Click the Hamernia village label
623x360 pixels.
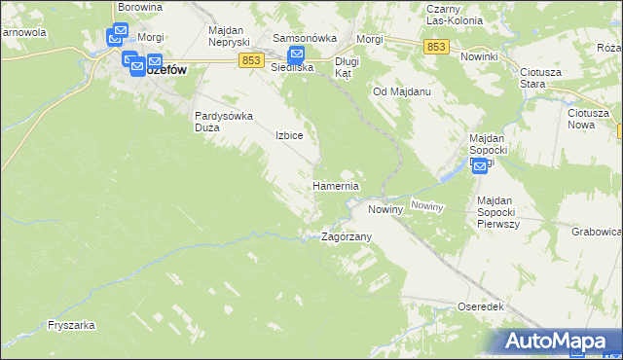click(336, 186)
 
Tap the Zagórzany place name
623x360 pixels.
click(347, 236)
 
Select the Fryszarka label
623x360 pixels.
click(69, 326)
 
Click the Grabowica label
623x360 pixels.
click(597, 233)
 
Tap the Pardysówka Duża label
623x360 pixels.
click(224, 121)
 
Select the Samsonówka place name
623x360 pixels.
click(305, 38)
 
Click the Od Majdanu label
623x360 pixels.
click(402, 91)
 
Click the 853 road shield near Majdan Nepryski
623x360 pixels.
click(250, 60)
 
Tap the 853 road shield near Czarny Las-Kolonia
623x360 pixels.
click(435, 47)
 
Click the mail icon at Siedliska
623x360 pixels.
click(296, 56)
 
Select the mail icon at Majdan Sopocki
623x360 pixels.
click(479, 165)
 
